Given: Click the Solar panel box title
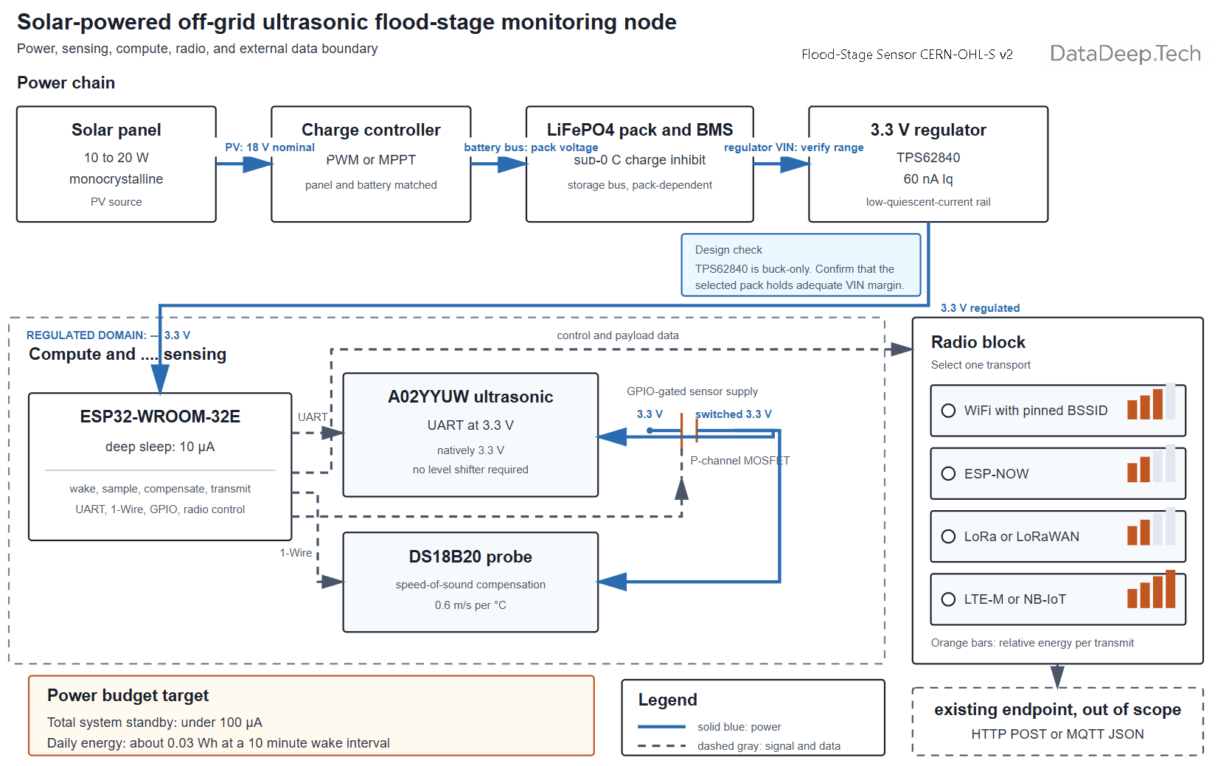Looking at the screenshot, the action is (x=116, y=130).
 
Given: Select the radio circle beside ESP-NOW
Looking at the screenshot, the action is (x=948, y=473).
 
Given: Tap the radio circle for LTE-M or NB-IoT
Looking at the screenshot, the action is (x=948, y=599).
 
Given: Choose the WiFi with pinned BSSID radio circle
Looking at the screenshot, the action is (x=948, y=411).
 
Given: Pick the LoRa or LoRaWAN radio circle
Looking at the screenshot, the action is (x=948, y=536).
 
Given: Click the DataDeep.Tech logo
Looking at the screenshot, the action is (x=1125, y=54).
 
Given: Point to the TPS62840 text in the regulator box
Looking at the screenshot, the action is (x=927, y=158).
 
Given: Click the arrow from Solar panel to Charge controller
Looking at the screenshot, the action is (x=243, y=164).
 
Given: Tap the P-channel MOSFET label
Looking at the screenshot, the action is (x=739, y=461).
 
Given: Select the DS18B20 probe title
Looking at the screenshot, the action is (x=470, y=557).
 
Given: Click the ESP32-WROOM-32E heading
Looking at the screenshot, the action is (x=160, y=417).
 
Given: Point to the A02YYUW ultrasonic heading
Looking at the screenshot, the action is (x=470, y=397).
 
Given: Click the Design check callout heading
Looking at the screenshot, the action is (x=728, y=250).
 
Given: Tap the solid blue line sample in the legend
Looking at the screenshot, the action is (x=661, y=727).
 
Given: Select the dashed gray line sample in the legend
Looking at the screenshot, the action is (x=661, y=746).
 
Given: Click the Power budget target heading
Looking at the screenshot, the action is (x=128, y=696).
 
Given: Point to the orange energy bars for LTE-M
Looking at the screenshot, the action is (x=1151, y=589).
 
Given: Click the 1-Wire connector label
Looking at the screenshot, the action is (x=296, y=553).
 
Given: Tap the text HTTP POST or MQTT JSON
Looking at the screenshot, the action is (x=1057, y=734).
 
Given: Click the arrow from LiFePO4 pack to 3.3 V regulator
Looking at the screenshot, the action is (x=781, y=164).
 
